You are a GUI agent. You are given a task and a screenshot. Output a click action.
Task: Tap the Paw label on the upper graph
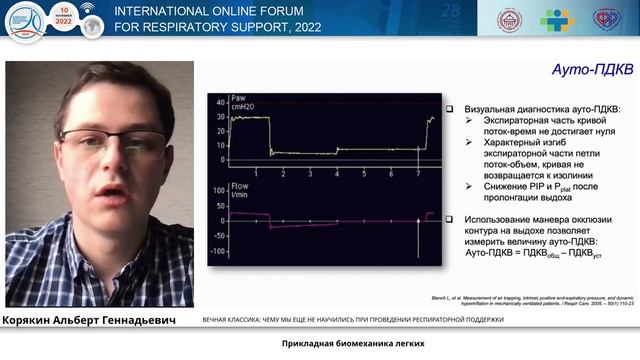coord(238,98)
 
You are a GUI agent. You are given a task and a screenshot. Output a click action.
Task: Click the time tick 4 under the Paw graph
coord(337,174)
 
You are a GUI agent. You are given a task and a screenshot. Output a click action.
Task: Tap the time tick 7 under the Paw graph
coord(418,174)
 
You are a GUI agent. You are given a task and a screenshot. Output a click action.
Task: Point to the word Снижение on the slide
coord(491,185)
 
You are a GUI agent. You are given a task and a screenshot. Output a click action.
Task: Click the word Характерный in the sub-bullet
coord(499,141)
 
